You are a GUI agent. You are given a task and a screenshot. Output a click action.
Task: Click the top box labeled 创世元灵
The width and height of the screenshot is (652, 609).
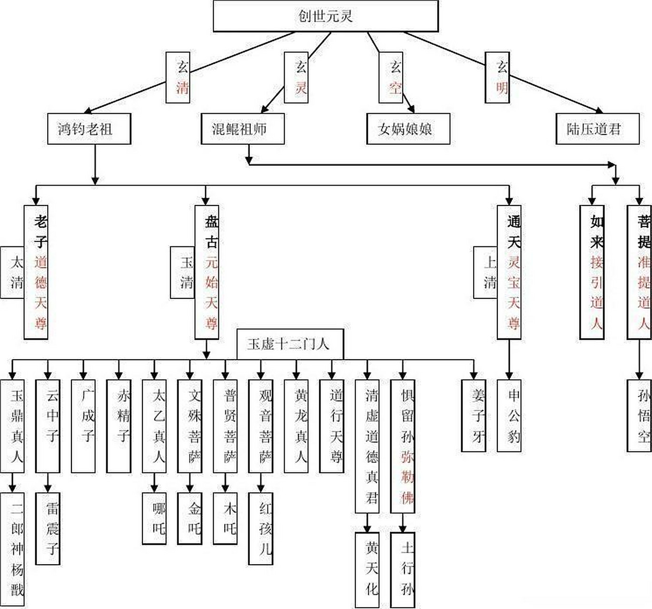click(326, 16)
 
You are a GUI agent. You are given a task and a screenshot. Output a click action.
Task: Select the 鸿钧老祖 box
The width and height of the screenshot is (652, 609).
click(89, 128)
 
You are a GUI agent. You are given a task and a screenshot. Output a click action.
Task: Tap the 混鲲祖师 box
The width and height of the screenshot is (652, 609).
click(242, 128)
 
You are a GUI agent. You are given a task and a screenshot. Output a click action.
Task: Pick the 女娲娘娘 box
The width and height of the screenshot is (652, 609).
click(408, 128)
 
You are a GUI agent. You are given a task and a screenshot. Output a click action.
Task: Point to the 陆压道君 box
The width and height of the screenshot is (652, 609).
click(597, 128)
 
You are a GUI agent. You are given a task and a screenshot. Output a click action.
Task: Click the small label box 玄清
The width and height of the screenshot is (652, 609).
click(178, 77)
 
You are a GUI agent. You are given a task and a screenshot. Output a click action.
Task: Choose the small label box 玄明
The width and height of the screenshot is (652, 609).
click(497, 77)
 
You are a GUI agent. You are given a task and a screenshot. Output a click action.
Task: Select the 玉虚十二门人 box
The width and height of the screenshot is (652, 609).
click(290, 344)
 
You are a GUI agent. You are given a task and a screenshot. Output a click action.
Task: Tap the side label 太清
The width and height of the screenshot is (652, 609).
click(12, 272)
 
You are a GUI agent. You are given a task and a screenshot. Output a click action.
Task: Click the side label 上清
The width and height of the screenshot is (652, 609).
click(485, 272)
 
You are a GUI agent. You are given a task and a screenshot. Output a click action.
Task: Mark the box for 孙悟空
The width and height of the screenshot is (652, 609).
click(639, 415)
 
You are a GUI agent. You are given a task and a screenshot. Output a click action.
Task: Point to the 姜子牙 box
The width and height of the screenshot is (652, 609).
click(474, 415)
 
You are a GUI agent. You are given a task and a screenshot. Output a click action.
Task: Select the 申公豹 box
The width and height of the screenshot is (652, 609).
click(509, 415)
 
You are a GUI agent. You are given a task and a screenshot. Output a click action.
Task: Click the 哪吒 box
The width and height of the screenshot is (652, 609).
click(154, 518)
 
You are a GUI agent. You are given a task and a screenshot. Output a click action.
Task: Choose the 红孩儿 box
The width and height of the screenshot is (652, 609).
click(260, 528)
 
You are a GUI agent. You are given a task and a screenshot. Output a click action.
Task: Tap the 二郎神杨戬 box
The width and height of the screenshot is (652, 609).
click(12, 550)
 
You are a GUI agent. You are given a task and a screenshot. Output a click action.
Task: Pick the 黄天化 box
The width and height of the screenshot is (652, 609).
click(367, 569)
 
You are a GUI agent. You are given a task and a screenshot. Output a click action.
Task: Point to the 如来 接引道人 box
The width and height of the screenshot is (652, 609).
click(592, 272)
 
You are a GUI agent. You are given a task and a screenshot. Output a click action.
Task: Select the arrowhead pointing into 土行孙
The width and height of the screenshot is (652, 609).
click(403, 529)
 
